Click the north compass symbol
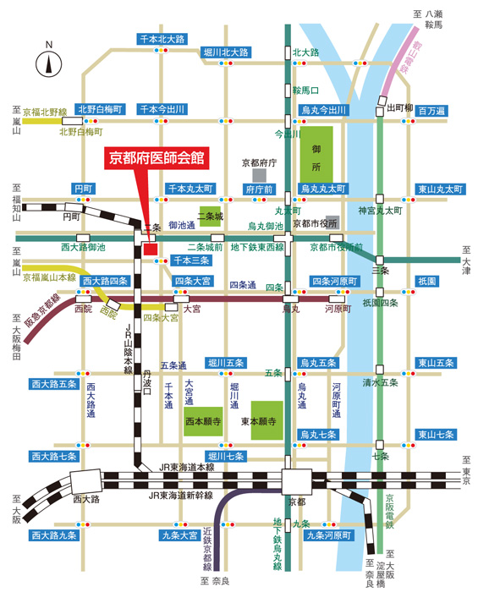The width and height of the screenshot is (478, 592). [49, 63]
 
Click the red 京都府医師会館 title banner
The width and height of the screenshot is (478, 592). [157, 157]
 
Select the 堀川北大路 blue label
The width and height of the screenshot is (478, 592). [227, 52]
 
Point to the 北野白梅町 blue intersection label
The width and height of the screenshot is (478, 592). [101, 109]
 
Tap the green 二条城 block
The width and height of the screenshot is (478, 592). [210, 217]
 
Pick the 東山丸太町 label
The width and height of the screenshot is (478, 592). [440, 189]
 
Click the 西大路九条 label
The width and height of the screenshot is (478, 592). [54, 535]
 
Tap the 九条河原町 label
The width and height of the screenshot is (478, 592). [328, 535]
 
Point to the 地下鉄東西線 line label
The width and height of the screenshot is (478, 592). [257, 247]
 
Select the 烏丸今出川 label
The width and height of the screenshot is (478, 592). [324, 110]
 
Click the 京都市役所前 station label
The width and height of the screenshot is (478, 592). [336, 247]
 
